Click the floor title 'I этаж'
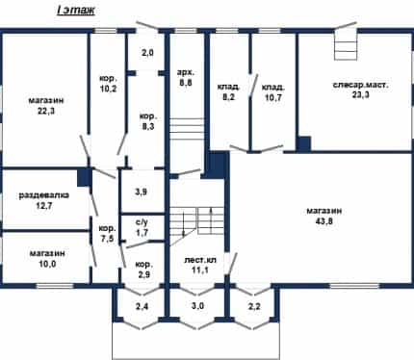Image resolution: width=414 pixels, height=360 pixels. (76, 11)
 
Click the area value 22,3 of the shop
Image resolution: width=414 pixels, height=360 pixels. (46, 111)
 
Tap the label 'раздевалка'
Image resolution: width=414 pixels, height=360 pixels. (44, 195)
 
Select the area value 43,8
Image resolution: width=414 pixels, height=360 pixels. (324, 221)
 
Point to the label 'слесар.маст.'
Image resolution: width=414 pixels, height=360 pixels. (361, 86)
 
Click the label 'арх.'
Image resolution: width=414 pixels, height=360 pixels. (186, 72)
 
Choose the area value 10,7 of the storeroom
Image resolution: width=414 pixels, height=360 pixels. (273, 97)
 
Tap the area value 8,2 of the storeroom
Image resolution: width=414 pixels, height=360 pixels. (229, 96)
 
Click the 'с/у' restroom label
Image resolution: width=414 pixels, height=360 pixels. (142, 221)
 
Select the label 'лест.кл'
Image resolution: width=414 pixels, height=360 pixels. (200, 260)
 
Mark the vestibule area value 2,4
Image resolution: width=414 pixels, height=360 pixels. (142, 306)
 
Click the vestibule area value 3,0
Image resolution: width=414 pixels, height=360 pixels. (197, 306)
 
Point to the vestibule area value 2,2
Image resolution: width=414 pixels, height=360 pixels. (254, 306)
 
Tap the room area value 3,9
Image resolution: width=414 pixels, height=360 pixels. (141, 193)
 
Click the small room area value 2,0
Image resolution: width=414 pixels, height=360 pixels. (147, 53)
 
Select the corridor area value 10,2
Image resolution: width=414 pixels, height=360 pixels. (108, 89)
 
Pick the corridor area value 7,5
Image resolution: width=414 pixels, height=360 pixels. (107, 239)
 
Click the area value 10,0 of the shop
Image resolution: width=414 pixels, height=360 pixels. (47, 264)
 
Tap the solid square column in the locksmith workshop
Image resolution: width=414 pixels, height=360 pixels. (303, 143)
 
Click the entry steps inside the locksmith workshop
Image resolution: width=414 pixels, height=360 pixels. (346, 45)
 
